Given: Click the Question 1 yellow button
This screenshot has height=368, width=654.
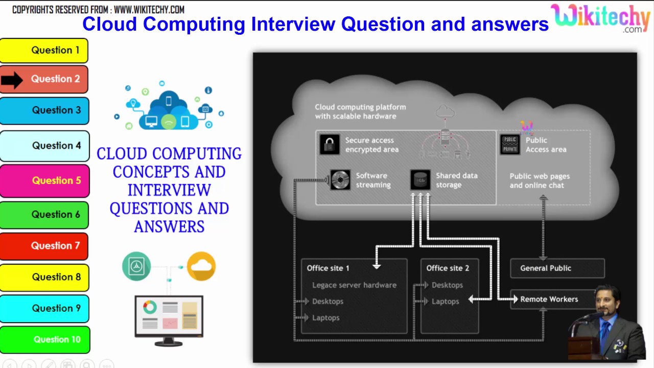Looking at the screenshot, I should click(x=44, y=51).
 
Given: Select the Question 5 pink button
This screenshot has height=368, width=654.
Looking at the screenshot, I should click(x=45, y=180).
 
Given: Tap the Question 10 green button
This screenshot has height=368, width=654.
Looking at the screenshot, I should click(x=45, y=339).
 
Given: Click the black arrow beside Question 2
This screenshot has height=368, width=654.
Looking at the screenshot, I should click(x=12, y=80).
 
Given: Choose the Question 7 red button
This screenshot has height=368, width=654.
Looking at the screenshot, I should click(x=44, y=246).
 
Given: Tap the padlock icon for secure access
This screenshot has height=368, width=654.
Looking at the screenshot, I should click(x=330, y=144).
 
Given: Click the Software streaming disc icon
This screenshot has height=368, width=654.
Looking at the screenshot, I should click(x=340, y=180).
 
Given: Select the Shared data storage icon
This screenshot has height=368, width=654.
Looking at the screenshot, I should click(x=420, y=180).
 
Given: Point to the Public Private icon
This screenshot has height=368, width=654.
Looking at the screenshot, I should click(x=510, y=144).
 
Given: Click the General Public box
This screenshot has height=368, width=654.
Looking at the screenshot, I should click(x=557, y=268).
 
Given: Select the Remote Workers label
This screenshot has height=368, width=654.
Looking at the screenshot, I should click(x=549, y=300).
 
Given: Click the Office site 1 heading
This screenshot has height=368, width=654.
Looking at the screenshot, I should click(x=328, y=268).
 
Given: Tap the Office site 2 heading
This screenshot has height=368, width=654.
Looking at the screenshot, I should click(x=447, y=268).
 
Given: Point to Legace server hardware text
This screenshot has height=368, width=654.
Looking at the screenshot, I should click(x=354, y=285).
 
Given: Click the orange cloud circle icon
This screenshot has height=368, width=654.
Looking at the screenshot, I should click(x=201, y=266).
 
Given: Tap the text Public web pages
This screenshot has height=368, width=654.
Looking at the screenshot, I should click(x=539, y=176).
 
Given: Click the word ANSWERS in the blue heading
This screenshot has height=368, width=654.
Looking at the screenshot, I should click(x=169, y=226).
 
